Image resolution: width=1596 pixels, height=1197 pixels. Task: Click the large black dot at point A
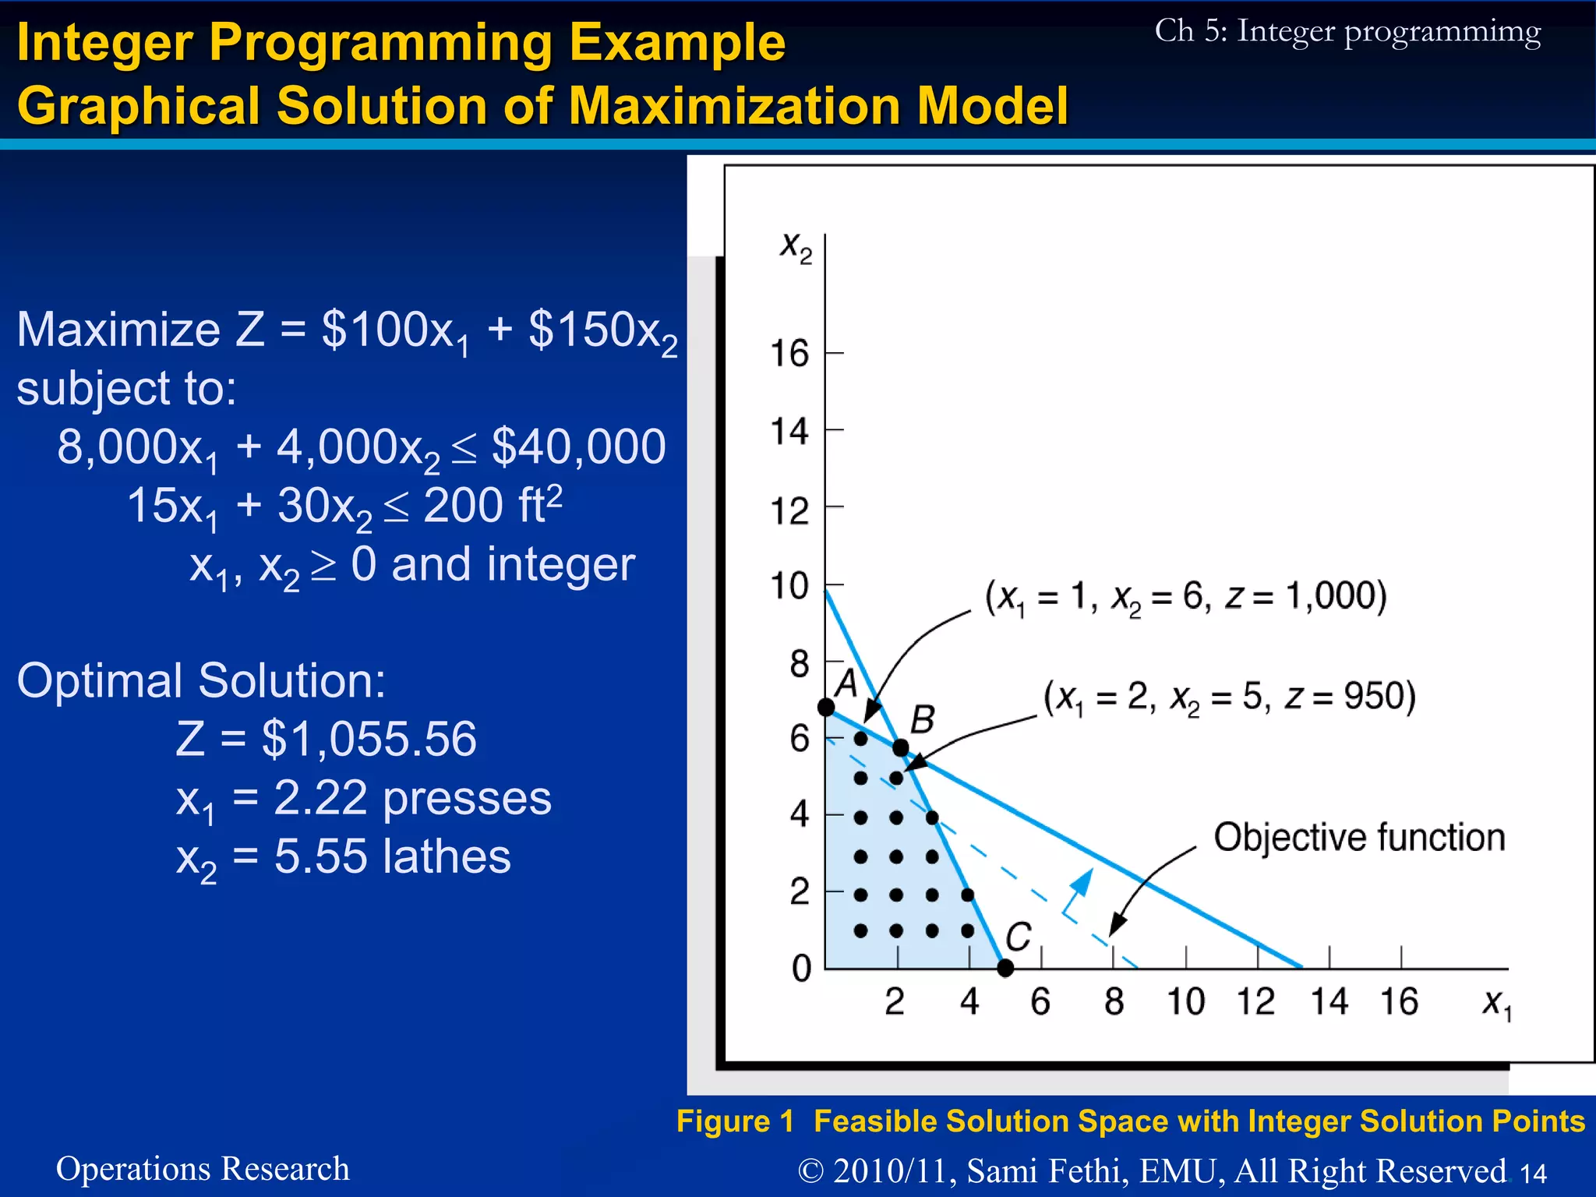click(826, 707)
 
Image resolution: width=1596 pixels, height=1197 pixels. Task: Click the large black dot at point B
click(900, 747)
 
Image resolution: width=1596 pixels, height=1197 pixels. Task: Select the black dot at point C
click(1005, 968)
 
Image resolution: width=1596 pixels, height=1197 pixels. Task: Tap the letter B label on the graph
click(923, 719)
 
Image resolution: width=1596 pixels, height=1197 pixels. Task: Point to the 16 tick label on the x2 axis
click(789, 354)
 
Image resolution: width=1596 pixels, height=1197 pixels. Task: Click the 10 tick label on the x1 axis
click(1185, 1001)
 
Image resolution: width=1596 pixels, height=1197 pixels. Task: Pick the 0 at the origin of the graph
click(802, 969)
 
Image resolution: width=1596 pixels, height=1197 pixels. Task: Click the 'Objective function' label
click(1359, 837)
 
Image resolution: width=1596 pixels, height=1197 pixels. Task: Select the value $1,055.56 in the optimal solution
click(369, 739)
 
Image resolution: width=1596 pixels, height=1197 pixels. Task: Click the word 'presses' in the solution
click(467, 798)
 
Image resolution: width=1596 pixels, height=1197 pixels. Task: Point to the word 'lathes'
click(447, 856)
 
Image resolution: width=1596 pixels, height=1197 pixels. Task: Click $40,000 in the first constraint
click(578, 447)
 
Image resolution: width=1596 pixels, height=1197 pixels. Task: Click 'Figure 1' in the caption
click(735, 1121)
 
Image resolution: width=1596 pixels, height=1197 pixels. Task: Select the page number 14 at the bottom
click(1533, 1173)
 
